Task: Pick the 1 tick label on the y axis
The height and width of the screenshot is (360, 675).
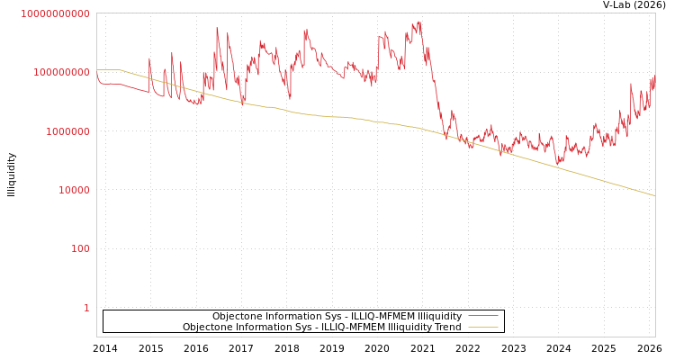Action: [86, 308]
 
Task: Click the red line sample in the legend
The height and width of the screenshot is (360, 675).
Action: [483, 317]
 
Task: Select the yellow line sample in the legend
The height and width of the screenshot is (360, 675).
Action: [483, 328]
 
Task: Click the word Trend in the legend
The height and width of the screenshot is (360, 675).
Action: [447, 328]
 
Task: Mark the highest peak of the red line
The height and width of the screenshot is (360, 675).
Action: [418, 22]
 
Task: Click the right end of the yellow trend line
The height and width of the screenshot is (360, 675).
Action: [654, 195]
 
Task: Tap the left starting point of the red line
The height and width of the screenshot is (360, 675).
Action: [97, 73]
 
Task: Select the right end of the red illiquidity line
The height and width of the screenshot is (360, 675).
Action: [654, 79]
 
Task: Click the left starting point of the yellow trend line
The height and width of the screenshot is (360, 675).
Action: [97, 69]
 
